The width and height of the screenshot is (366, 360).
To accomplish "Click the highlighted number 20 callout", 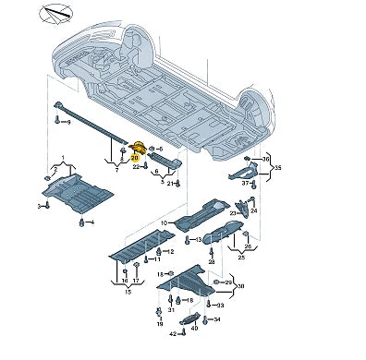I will [x=134, y=158].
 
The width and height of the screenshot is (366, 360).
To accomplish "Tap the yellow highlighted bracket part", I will [x=139, y=148].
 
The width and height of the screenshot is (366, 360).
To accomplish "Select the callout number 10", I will [x=163, y=222].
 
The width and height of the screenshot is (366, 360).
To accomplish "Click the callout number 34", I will [x=217, y=319].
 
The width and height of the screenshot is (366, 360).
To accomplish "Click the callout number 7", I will [x=116, y=172].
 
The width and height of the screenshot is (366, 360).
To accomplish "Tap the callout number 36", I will [x=268, y=158].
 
